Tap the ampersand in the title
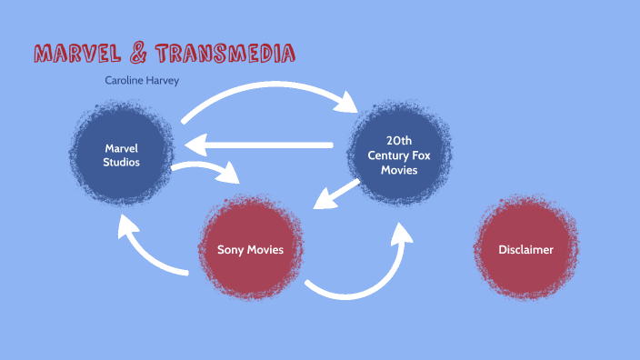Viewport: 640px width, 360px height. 138,54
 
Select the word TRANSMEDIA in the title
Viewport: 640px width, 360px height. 225,54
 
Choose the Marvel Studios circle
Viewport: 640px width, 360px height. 120,155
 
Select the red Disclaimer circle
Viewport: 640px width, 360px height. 525,249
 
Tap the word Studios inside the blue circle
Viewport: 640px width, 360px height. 120,164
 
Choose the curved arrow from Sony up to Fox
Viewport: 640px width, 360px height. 364,273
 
